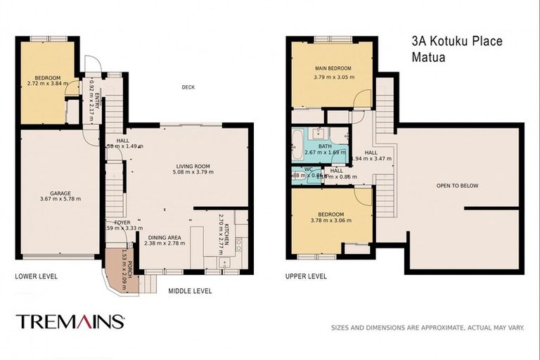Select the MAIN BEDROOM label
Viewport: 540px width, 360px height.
click(x=332, y=68)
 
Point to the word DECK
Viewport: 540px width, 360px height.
click(x=188, y=87)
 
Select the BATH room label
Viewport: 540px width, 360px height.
click(x=324, y=146)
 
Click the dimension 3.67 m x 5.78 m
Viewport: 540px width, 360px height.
click(x=60, y=199)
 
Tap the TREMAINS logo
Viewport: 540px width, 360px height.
click(x=70, y=322)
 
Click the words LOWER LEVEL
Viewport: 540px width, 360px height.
click(x=37, y=276)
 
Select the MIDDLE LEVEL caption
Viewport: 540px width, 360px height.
click(x=190, y=291)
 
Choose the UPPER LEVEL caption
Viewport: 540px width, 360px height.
click(x=306, y=276)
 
